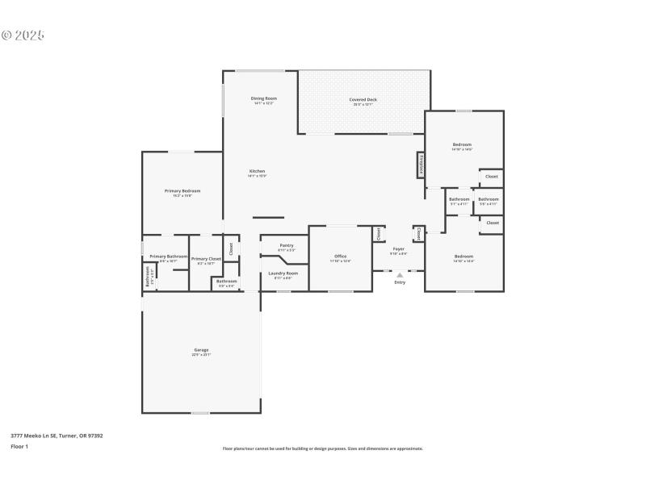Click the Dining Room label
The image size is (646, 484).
click(263, 98)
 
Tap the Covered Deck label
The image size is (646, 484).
click(363, 100)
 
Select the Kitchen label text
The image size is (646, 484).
click(257, 171)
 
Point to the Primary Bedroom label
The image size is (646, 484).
click(182, 191)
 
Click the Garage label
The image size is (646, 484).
click(201, 350)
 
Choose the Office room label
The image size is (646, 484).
click(341, 257)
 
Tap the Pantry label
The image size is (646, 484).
click(286, 245)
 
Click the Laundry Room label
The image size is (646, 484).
click(283, 273)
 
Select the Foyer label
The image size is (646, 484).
click(399, 249)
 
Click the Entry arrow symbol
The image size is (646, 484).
click(400, 275)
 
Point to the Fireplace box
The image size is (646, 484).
click(421, 165)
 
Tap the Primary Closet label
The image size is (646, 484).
click(206, 259)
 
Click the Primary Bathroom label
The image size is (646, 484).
click(169, 257)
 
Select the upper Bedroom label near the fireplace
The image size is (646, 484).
click(462, 144)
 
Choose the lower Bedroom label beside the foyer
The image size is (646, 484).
click(464, 257)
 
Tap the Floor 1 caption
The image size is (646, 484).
click(19, 446)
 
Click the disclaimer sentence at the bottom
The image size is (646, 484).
click(322, 449)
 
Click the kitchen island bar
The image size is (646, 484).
click(268, 217)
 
